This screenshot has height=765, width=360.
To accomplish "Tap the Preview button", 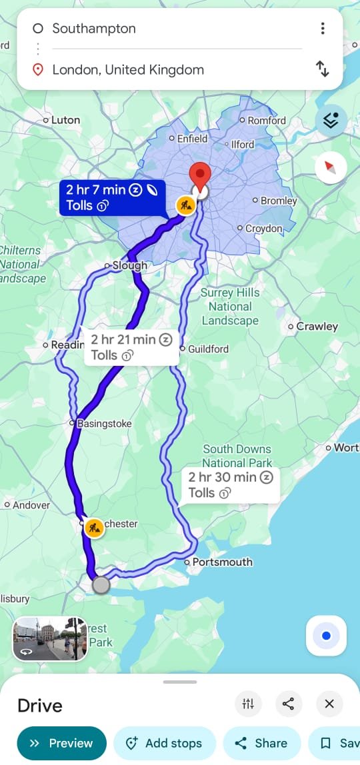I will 61,743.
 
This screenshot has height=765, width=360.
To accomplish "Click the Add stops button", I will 165,743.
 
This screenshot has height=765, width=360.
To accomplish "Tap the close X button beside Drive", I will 329,704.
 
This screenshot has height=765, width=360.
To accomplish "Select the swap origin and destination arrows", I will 323,69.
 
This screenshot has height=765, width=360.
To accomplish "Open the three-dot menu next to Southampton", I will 323,28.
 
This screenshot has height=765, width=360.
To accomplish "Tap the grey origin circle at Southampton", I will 101,585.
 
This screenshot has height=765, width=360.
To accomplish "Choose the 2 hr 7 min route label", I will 112,197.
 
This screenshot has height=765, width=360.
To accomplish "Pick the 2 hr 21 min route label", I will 131,347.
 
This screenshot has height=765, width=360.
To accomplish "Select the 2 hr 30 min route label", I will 229,484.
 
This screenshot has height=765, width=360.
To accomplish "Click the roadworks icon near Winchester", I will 95,528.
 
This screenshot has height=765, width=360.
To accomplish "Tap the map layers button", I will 331,121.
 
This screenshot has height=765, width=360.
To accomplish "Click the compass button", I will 331,167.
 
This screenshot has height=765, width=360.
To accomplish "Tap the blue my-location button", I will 326,636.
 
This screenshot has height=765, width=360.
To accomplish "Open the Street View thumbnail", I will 50,638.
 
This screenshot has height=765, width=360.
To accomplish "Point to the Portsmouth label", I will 222,562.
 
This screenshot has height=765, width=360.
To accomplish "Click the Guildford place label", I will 208,349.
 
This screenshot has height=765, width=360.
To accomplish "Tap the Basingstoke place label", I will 104,423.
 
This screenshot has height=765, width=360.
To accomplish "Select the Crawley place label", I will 317,327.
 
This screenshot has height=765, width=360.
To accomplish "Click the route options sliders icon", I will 248,704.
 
